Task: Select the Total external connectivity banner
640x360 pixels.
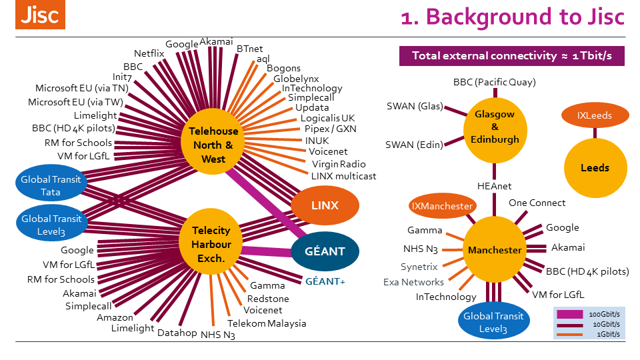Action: point(511,56)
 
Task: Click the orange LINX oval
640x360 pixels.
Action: point(325,205)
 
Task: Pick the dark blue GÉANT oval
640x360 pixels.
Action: point(325,251)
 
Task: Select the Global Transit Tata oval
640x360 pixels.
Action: point(50,185)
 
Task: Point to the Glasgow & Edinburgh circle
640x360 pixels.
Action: point(495,127)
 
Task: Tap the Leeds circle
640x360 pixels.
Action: point(594,168)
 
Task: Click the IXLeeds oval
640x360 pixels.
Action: point(594,115)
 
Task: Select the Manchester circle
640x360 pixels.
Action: point(495,250)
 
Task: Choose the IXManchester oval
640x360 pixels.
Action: point(442,207)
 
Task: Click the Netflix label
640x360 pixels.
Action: point(149,53)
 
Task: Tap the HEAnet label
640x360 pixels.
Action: point(495,186)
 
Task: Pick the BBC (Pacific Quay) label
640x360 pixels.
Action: point(494,83)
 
